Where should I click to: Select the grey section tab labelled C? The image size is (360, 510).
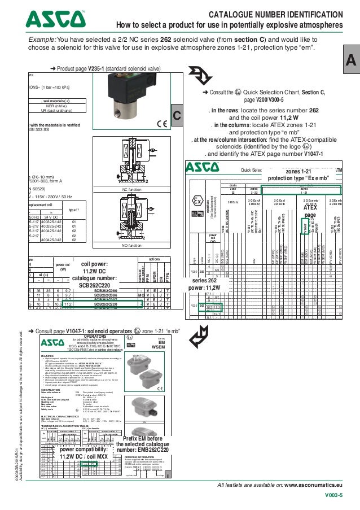coord(177,116)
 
